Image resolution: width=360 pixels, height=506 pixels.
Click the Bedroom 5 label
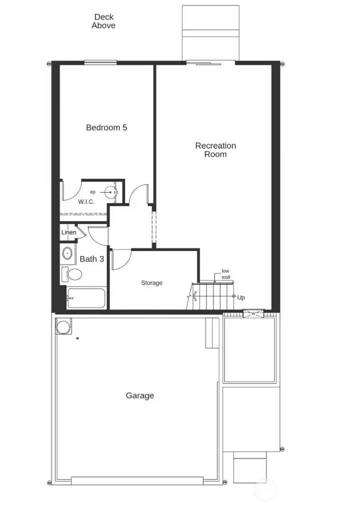click(106, 127)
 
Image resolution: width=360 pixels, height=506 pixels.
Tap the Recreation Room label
click(215, 150)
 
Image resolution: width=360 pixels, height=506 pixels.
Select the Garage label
click(140, 395)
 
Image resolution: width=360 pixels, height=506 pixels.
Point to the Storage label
click(151, 283)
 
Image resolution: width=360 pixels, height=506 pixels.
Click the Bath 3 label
click(92, 259)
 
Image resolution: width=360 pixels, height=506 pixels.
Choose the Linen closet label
click(69, 232)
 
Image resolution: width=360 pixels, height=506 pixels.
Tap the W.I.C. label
click(86, 202)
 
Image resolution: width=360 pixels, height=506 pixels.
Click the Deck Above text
click(103, 21)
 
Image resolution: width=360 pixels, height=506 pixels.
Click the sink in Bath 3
click(67, 253)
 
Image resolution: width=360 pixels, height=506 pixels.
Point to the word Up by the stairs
click(241, 297)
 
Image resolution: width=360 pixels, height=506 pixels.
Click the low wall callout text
click(226, 274)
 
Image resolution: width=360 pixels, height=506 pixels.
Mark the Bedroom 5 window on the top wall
click(100, 62)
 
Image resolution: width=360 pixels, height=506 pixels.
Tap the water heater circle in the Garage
click(63, 327)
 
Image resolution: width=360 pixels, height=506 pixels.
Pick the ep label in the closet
click(92, 192)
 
